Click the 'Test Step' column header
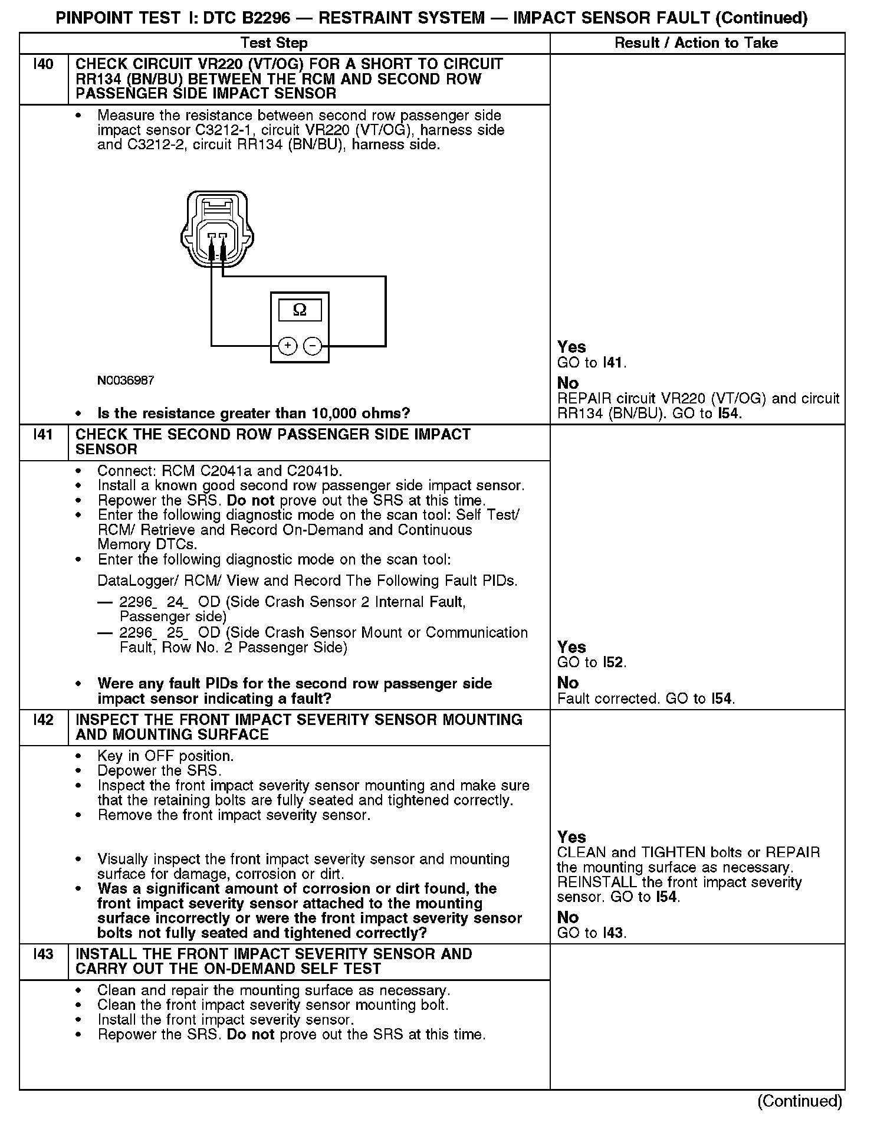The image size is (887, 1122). pos(274,43)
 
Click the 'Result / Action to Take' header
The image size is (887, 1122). pos(696,43)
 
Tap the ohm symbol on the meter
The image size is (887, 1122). pos(300,310)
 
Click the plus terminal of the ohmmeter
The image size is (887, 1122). pos(287,346)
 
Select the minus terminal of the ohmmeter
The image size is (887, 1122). pos(313,346)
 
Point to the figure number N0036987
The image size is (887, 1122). pos(126,380)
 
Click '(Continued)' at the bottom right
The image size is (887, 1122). pos(799,1101)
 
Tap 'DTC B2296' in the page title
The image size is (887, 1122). pos(247,18)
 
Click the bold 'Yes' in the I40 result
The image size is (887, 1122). pos(571,347)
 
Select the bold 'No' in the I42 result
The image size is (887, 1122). pos(568,917)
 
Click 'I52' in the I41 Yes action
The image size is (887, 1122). pos(613,662)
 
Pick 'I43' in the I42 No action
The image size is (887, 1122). pos(614,933)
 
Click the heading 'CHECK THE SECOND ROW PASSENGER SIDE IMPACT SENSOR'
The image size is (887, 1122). pos(273,442)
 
